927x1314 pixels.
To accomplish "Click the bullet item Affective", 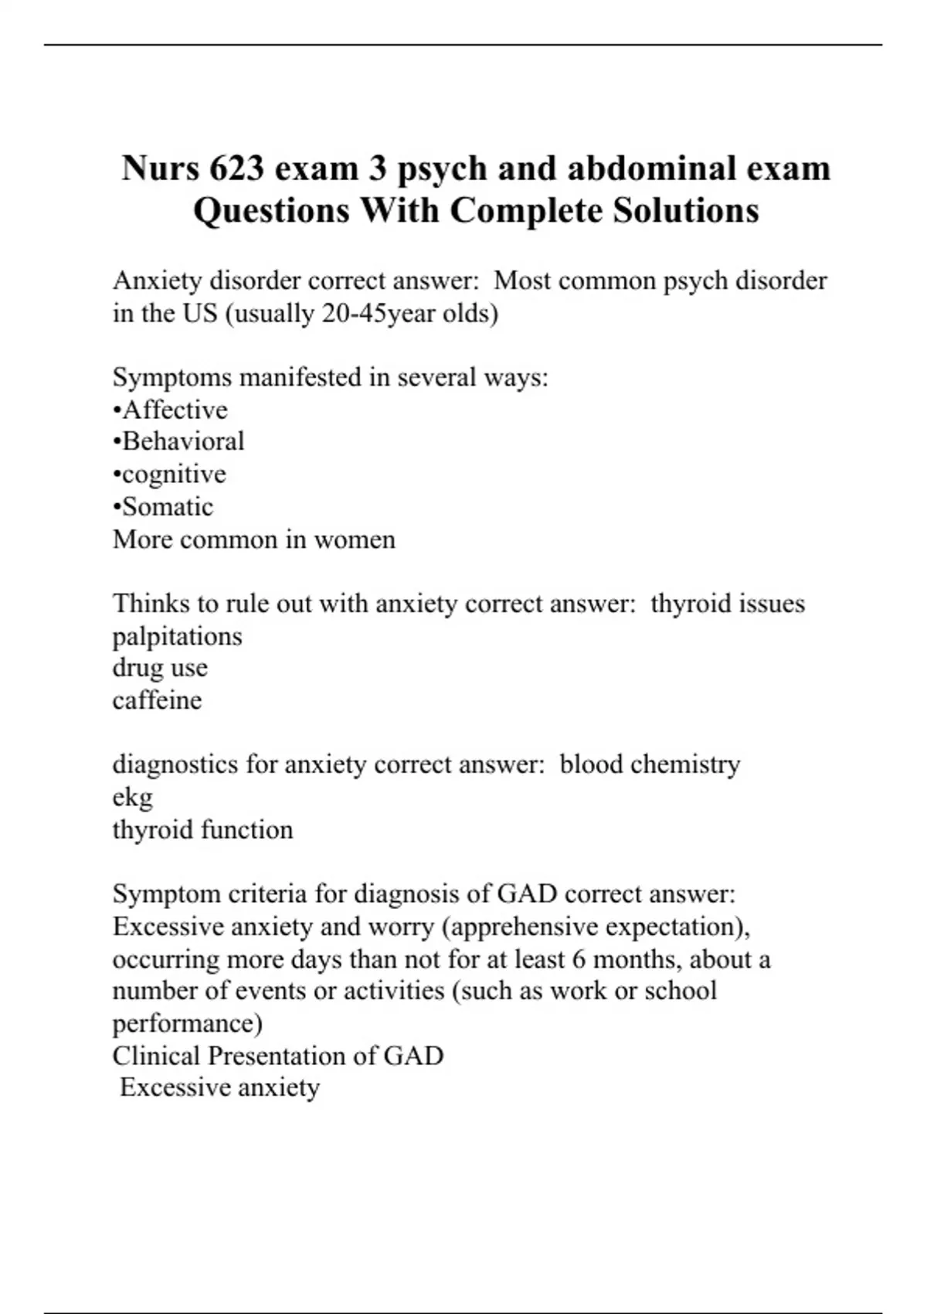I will point(175,410).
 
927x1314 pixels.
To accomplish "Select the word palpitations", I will point(177,636).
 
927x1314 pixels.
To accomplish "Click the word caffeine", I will point(157,700).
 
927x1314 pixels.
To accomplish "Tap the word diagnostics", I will point(175,764).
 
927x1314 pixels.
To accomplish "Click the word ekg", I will point(132,798).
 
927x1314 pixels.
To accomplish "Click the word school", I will point(681,990).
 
